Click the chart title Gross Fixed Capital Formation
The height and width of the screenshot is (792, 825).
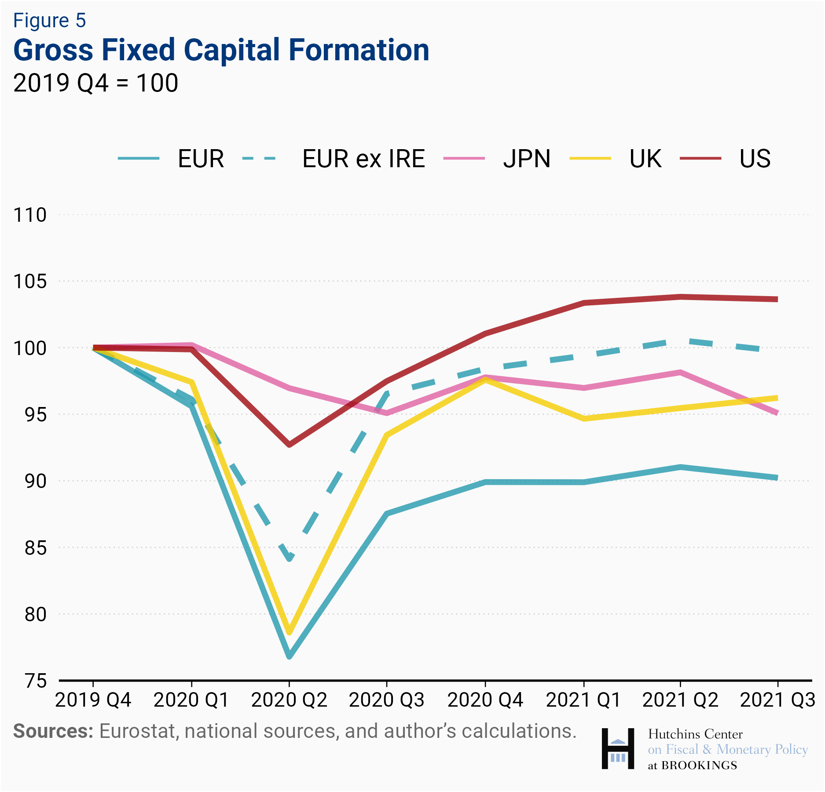coord(221,50)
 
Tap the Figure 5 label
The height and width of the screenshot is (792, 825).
coord(49,20)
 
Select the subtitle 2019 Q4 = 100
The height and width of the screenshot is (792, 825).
coord(95,83)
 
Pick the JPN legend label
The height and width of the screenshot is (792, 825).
coord(526,159)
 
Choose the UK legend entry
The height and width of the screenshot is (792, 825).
coord(645,159)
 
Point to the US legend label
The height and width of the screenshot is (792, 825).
coord(755,159)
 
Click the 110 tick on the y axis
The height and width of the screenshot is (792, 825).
coord(30,215)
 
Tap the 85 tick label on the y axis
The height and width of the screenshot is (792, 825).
coord(35,548)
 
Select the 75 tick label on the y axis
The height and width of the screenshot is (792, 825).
coord(35,682)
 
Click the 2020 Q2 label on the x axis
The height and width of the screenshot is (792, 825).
coord(289,700)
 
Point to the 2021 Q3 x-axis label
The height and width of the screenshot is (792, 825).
coord(777,700)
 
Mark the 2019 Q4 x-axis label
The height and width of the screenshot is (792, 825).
coord(93,700)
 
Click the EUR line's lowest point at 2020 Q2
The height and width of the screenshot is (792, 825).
coord(289,656)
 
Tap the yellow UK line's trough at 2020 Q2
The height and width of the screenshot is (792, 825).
coord(289,632)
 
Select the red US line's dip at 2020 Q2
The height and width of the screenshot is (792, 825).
coord(289,444)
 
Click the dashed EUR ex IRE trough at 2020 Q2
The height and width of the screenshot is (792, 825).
coord(289,559)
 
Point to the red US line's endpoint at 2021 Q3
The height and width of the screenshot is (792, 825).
coord(777,299)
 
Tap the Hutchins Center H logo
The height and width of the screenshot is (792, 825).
coord(618,749)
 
